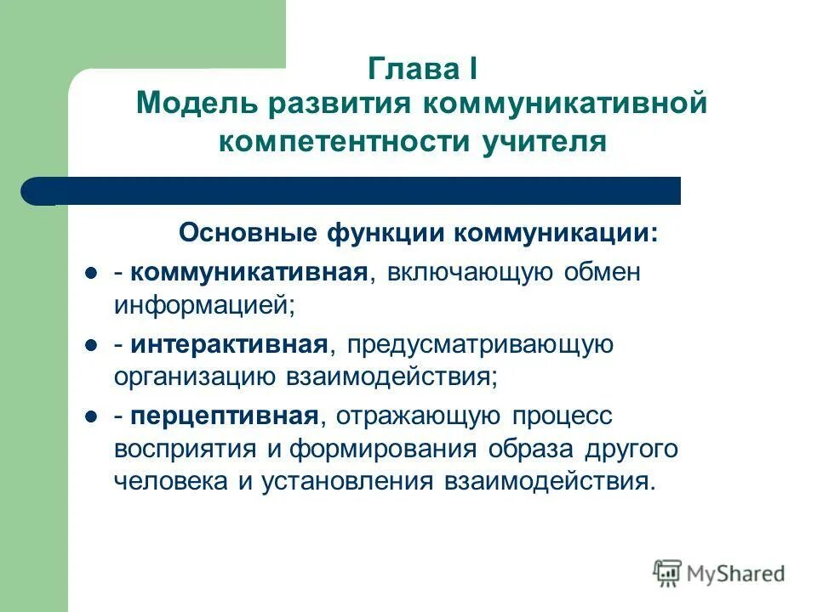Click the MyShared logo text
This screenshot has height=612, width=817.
coord(736,573)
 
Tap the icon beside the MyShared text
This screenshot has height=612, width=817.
coord(668,572)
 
